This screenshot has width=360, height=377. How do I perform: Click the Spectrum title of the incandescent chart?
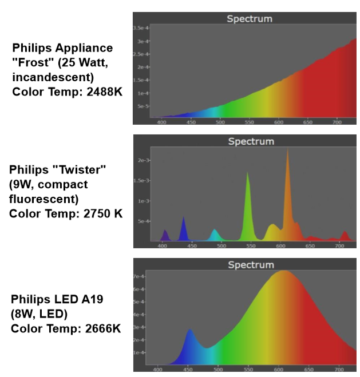click(249, 18)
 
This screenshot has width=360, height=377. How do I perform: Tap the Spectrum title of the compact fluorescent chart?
click(251, 141)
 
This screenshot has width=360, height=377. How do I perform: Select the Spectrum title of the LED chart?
click(251, 265)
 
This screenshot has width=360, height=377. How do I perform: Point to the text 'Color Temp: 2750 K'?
click(66, 213)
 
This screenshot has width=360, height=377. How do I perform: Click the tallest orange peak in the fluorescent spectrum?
click(287, 150)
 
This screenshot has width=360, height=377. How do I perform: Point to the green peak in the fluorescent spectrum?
click(247, 173)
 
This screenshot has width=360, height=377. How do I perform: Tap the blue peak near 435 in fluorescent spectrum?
click(184, 218)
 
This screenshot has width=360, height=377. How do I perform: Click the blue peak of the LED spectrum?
click(189, 330)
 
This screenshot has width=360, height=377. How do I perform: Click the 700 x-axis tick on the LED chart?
click(339, 369)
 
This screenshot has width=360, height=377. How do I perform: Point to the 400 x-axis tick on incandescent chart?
click(161, 121)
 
